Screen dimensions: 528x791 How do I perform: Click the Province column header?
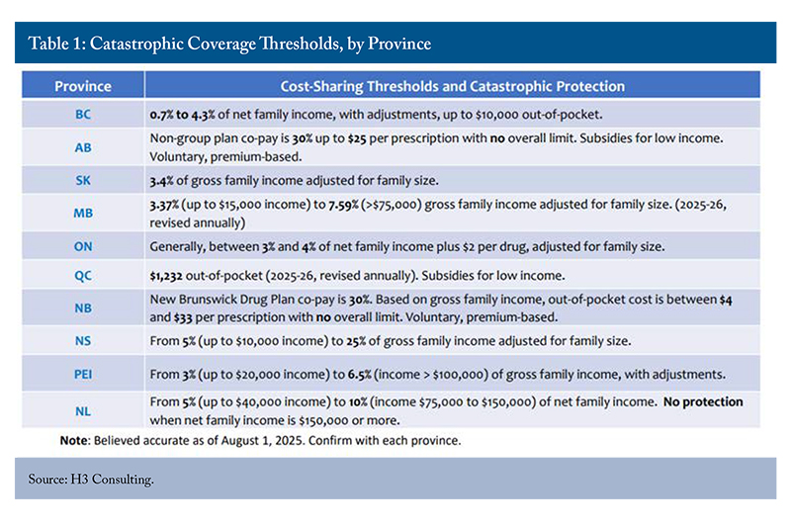[x=83, y=86]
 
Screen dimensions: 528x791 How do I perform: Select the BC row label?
[x=83, y=115]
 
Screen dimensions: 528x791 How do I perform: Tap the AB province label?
[x=83, y=146]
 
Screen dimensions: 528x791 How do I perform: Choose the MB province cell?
[x=83, y=214]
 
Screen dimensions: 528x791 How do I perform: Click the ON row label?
[x=83, y=247]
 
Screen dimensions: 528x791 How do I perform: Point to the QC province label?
[x=83, y=278]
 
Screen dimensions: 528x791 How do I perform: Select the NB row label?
[x=83, y=309]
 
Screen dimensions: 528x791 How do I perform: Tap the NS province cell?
[x=83, y=341]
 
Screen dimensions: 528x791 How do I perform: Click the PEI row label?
[x=83, y=374]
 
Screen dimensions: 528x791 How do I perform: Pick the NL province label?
[x=83, y=407]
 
